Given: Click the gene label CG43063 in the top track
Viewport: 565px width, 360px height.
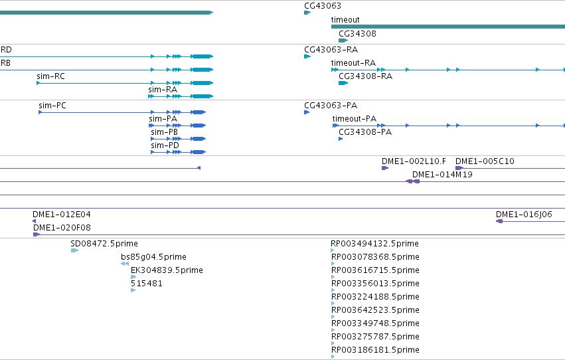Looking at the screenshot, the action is coord(323,6).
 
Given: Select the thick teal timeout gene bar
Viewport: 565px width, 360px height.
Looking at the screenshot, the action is coord(448,27).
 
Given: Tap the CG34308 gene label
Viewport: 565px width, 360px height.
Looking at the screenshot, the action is coord(357,34).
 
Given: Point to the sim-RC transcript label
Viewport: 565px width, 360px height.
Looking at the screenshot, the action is coord(51,76).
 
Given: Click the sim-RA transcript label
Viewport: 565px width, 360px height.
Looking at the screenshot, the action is coord(163,90).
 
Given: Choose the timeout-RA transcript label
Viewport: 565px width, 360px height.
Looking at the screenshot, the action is coord(353,63).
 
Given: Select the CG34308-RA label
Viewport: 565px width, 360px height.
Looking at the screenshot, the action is coord(365,76).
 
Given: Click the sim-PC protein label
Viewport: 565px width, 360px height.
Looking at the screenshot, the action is coord(52,106).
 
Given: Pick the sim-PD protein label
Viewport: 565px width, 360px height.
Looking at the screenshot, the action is coord(165,145).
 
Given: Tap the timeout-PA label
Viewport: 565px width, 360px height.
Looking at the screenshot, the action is coord(355,119).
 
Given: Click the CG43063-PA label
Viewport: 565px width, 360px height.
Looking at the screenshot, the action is coord(331,106).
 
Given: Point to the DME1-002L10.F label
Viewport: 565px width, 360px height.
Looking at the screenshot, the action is coord(414,161).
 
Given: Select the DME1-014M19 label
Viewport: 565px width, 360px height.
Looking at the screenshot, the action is coord(442,175).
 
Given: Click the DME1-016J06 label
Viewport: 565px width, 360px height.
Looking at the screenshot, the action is coord(524,215).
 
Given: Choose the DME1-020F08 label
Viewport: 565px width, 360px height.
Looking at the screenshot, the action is coord(62,228).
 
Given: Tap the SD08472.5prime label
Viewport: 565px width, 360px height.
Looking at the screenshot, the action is coord(104,244).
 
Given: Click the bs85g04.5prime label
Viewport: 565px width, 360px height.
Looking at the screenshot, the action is coord(153,257).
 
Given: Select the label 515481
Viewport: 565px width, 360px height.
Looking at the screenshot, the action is coord(146,284).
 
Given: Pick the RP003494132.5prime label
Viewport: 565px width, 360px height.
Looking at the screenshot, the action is coord(374,244).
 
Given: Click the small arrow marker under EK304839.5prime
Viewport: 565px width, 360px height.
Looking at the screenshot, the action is coord(133,277).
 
